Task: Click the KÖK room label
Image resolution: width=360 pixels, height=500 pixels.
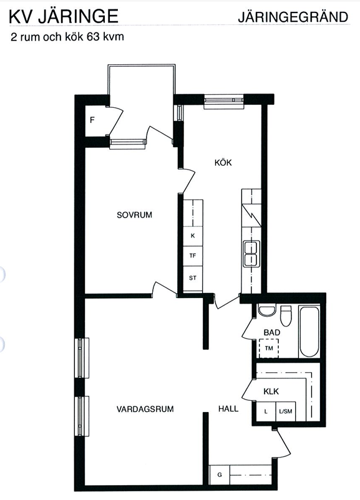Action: pos(223,163)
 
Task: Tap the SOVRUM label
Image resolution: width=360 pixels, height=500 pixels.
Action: pos(134,215)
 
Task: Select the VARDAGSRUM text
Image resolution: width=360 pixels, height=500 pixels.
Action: pos(145,409)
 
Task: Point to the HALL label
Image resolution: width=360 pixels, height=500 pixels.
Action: pos(228,408)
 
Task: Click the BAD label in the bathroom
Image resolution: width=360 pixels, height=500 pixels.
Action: pos(272,332)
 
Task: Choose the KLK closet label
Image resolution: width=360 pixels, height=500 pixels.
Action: pos(271,392)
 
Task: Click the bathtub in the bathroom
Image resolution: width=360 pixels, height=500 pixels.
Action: pos(309,332)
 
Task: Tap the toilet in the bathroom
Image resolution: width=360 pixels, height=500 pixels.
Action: pos(286,315)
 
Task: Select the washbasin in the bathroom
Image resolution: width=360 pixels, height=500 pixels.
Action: pos(267,310)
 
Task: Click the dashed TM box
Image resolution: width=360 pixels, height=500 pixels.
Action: pos(269,349)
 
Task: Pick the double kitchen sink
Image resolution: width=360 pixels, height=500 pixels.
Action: pos(251,254)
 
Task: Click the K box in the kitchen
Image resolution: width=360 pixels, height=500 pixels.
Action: pos(192,236)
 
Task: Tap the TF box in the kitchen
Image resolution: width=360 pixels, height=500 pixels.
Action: pos(192,256)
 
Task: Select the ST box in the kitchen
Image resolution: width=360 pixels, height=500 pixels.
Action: pos(192,278)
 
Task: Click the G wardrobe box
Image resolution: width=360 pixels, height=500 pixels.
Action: pos(220,475)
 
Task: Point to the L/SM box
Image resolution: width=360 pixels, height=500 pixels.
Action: pos(286,411)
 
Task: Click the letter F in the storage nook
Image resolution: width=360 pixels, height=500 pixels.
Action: pos(92,120)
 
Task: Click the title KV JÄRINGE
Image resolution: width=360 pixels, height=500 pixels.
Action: pos(64,17)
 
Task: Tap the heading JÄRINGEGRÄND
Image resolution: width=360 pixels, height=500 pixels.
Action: pos(293,17)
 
